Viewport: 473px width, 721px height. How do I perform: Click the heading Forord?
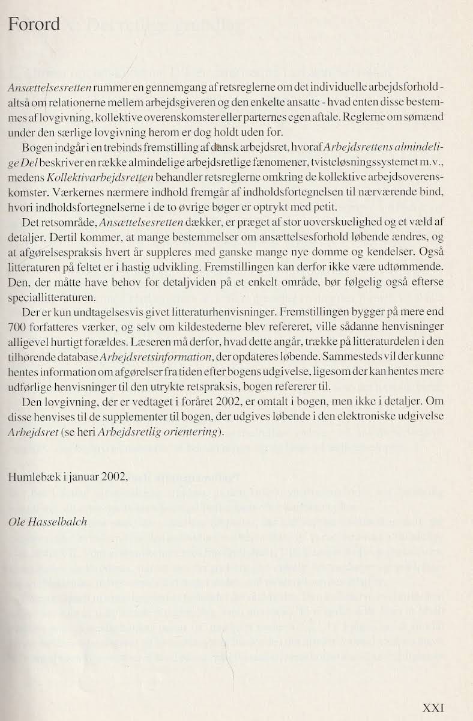click(x=34, y=25)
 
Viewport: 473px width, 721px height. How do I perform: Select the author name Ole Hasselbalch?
click(x=47, y=521)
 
